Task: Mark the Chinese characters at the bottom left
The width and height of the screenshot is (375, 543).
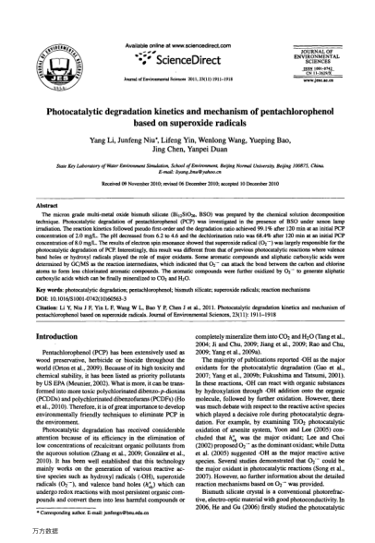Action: [21, 533]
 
